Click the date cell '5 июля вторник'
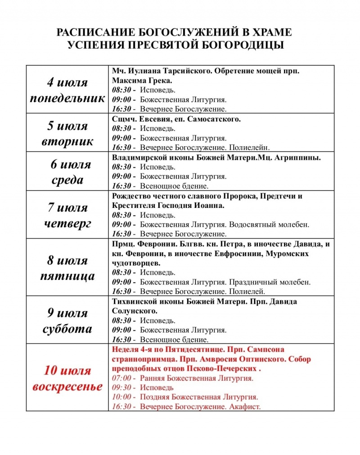tap(68, 133)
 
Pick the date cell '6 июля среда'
tap(68, 172)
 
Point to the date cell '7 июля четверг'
tap(68, 215)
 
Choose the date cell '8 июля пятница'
tap(68, 268)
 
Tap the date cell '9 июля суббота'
tap(68, 320)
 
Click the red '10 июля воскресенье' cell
tap(68, 378)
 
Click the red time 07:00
tap(121, 378)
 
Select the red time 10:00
tap(121, 397)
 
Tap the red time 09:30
tap(121, 387)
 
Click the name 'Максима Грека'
tap(142, 81)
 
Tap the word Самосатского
tap(216, 119)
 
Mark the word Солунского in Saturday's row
tap(134, 311)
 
